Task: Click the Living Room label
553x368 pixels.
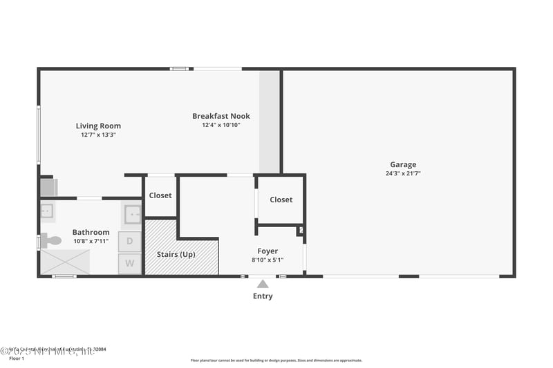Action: coord(98,126)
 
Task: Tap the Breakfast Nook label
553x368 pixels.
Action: coord(221,116)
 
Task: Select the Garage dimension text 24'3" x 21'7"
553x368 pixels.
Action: coord(403,173)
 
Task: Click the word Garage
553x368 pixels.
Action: coord(403,164)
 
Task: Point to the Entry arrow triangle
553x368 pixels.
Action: coord(263,284)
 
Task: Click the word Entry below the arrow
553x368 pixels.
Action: coord(263,296)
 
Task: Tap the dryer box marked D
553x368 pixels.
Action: coord(130,242)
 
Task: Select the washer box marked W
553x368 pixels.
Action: coord(130,263)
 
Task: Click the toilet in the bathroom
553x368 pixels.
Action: coord(50,241)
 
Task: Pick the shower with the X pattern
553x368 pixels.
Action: coord(65,262)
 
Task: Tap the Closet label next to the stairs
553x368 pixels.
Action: coord(160,195)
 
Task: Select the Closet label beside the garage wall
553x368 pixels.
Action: coord(281,200)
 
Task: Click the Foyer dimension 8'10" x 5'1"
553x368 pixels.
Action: coord(268,260)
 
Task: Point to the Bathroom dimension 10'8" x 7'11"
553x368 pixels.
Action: coord(91,241)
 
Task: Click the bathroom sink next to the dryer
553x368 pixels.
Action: coord(132,214)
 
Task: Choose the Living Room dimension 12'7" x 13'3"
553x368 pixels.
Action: coord(98,135)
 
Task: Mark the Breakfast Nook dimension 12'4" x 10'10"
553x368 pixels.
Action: coord(221,125)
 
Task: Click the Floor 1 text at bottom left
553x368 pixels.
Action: coord(16,358)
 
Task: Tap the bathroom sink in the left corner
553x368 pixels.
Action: coord(47,211)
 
